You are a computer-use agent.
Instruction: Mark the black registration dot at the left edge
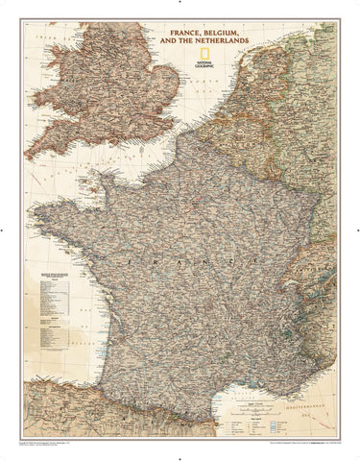tap(5, 230)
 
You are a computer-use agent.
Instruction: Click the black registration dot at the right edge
tap(355, 230)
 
